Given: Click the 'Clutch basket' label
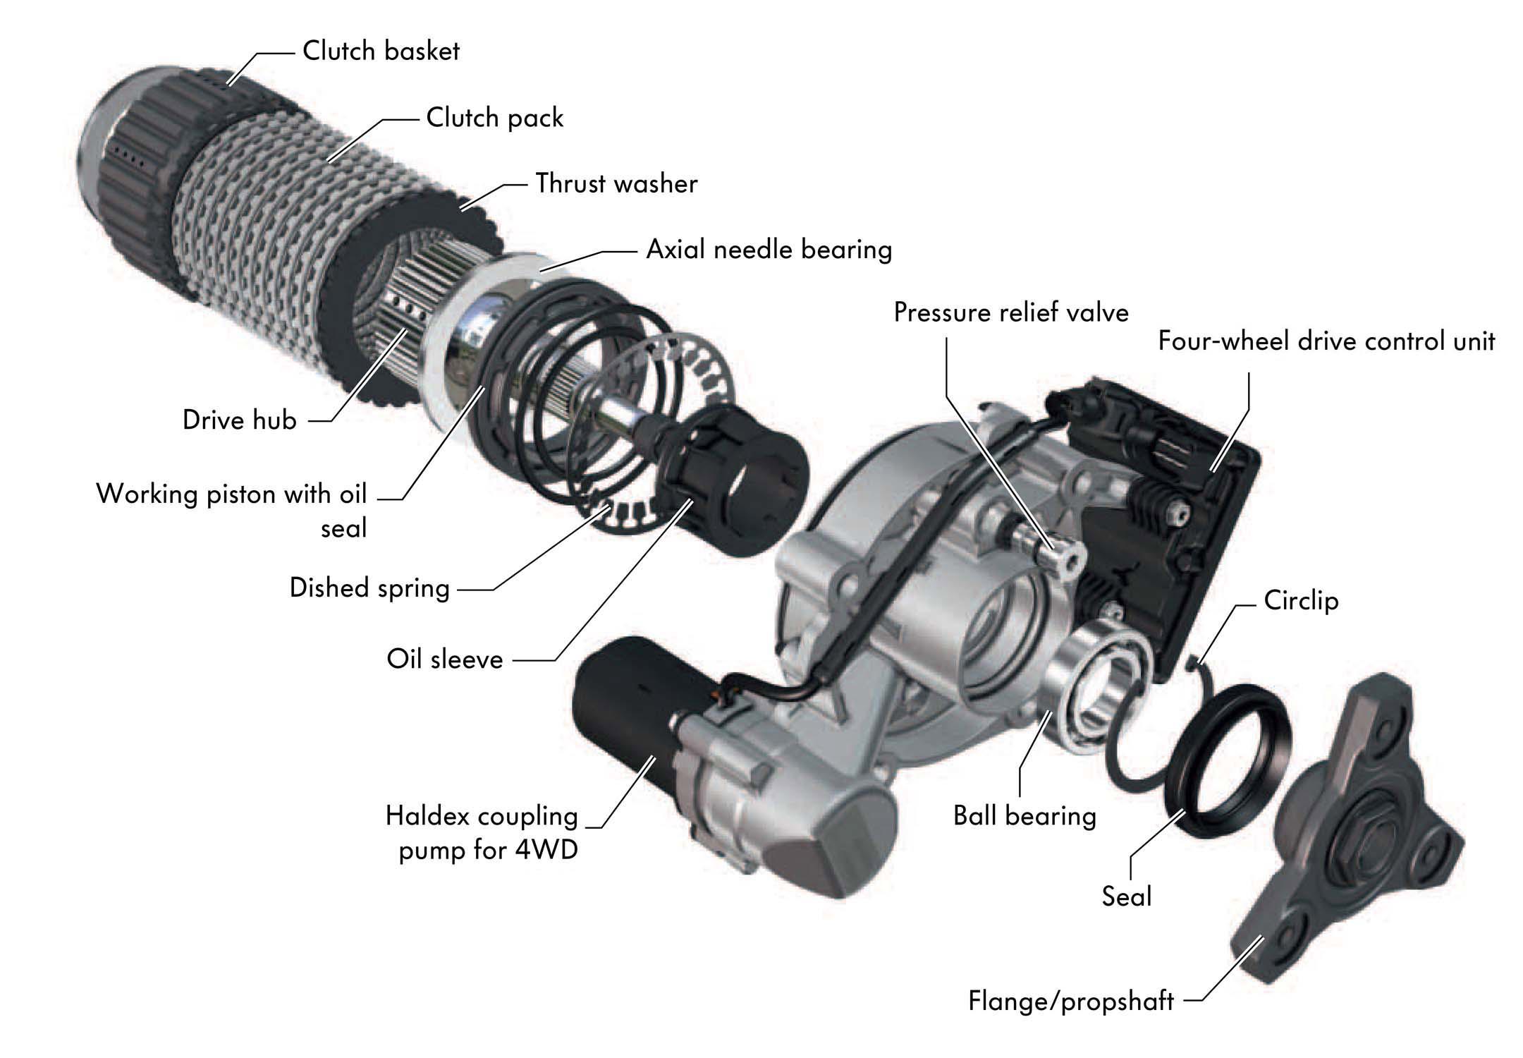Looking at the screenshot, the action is [x=381, y=51].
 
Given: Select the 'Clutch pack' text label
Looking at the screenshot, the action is [x=494, y=118].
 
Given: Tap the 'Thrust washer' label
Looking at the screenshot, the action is [x=616, y=183].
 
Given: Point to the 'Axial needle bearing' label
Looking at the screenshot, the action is [x=769, y=250].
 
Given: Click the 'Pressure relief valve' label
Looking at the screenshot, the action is [x=1011, y=312].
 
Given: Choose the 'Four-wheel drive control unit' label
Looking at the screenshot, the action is [x=1326, y=341].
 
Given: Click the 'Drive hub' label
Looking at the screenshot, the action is [x=239, y=420].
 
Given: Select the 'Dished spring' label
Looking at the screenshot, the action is [x=369, y=588].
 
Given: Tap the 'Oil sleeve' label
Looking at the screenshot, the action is [x=445, y=659].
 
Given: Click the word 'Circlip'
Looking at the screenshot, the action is [x=1301, y=601].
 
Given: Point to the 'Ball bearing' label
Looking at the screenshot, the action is [x=1024, y=815].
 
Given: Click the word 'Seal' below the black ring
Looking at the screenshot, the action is [x=1126, y=896].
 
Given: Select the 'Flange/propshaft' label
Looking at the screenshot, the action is [x=1070, y=1001].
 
